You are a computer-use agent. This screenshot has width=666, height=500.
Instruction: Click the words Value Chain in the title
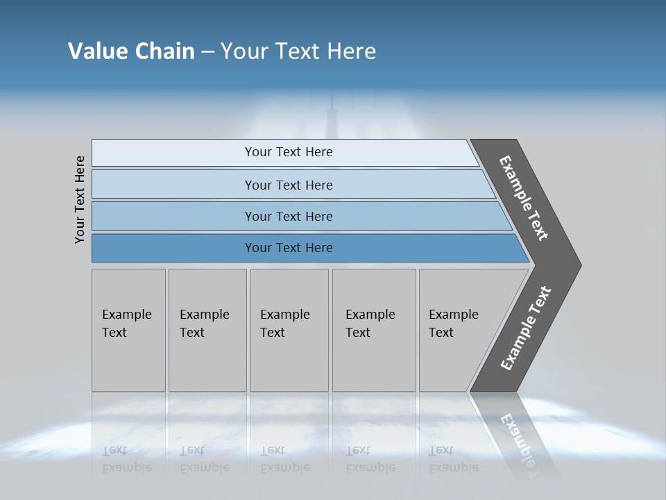[131, 51]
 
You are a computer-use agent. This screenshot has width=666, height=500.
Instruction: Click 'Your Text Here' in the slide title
[298, 51]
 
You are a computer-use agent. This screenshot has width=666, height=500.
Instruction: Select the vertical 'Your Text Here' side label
[80, 199]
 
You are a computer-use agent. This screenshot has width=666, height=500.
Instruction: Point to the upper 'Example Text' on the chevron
[524, 198]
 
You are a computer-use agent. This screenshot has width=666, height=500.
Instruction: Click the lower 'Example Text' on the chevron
[525, 328]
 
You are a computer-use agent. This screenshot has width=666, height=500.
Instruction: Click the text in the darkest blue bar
[289, 248]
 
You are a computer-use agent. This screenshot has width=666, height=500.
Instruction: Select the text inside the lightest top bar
[289, 152]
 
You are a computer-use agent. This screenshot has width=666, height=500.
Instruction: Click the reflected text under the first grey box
[126, 459]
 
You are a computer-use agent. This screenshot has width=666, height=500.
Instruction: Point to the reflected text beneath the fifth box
[453, 459]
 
